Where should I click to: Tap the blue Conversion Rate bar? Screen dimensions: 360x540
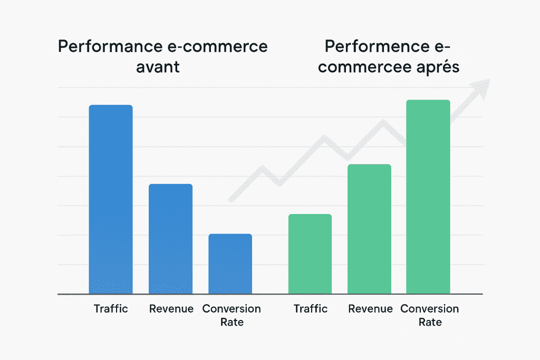coord(230,264)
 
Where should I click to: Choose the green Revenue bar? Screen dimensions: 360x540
coord(369,229)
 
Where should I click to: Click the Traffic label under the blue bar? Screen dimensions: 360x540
coord(111,309)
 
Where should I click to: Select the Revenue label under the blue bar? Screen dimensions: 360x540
coord(171,309)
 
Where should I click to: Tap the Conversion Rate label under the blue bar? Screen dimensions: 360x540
coord(232,315)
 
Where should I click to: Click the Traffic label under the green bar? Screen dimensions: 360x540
coord(310,309)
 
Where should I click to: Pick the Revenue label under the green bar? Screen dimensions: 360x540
coord(370,309)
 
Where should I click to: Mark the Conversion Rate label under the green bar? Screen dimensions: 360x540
coord(430,315)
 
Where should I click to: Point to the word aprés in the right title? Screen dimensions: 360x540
coord(436,68)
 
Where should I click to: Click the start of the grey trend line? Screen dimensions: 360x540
coord(230,200)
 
